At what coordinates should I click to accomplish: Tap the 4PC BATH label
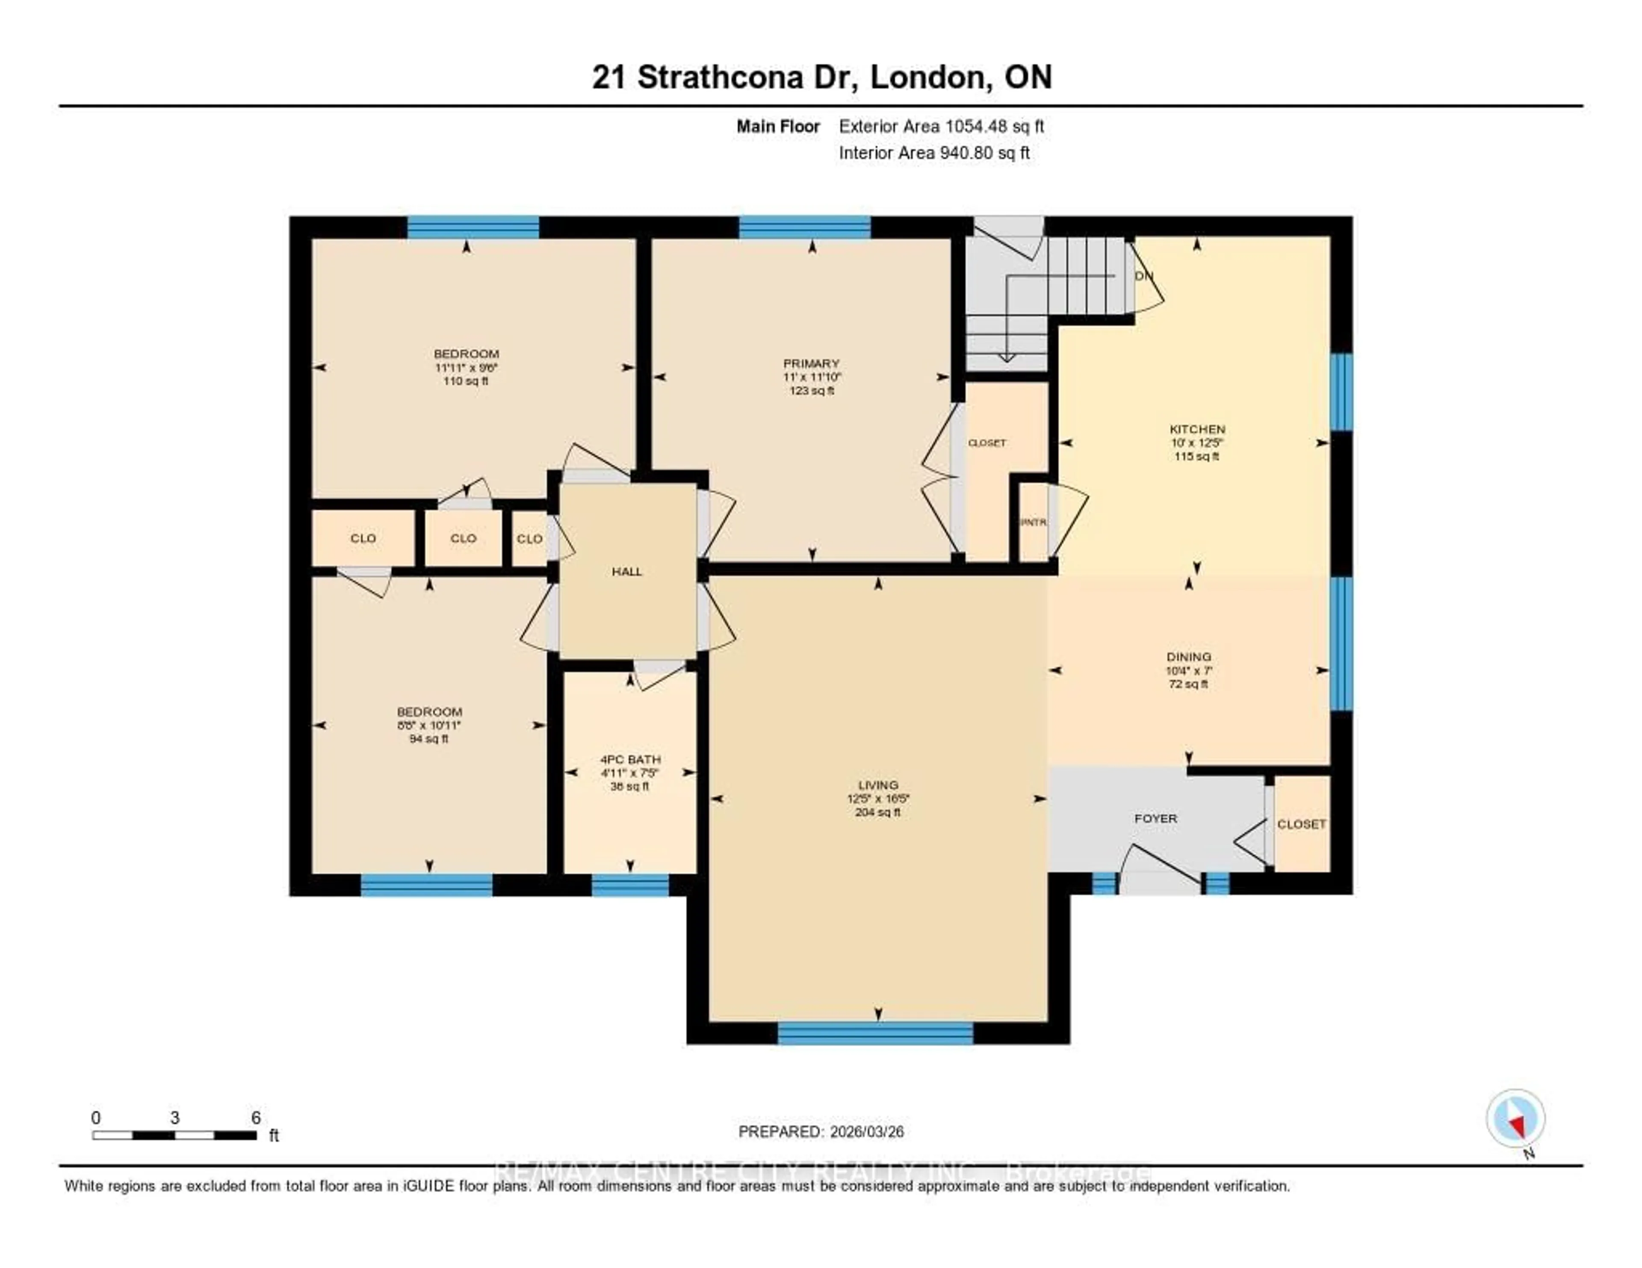[x=630, y=760]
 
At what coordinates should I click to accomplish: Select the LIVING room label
[x=877, y=785]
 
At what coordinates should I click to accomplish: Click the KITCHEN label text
[x=1197, y=429]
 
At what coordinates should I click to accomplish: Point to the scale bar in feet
[x=174, y=1135]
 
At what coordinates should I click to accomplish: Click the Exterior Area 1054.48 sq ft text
[x=941, y=126]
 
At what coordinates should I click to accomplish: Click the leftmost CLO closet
[x=363, y=538]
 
